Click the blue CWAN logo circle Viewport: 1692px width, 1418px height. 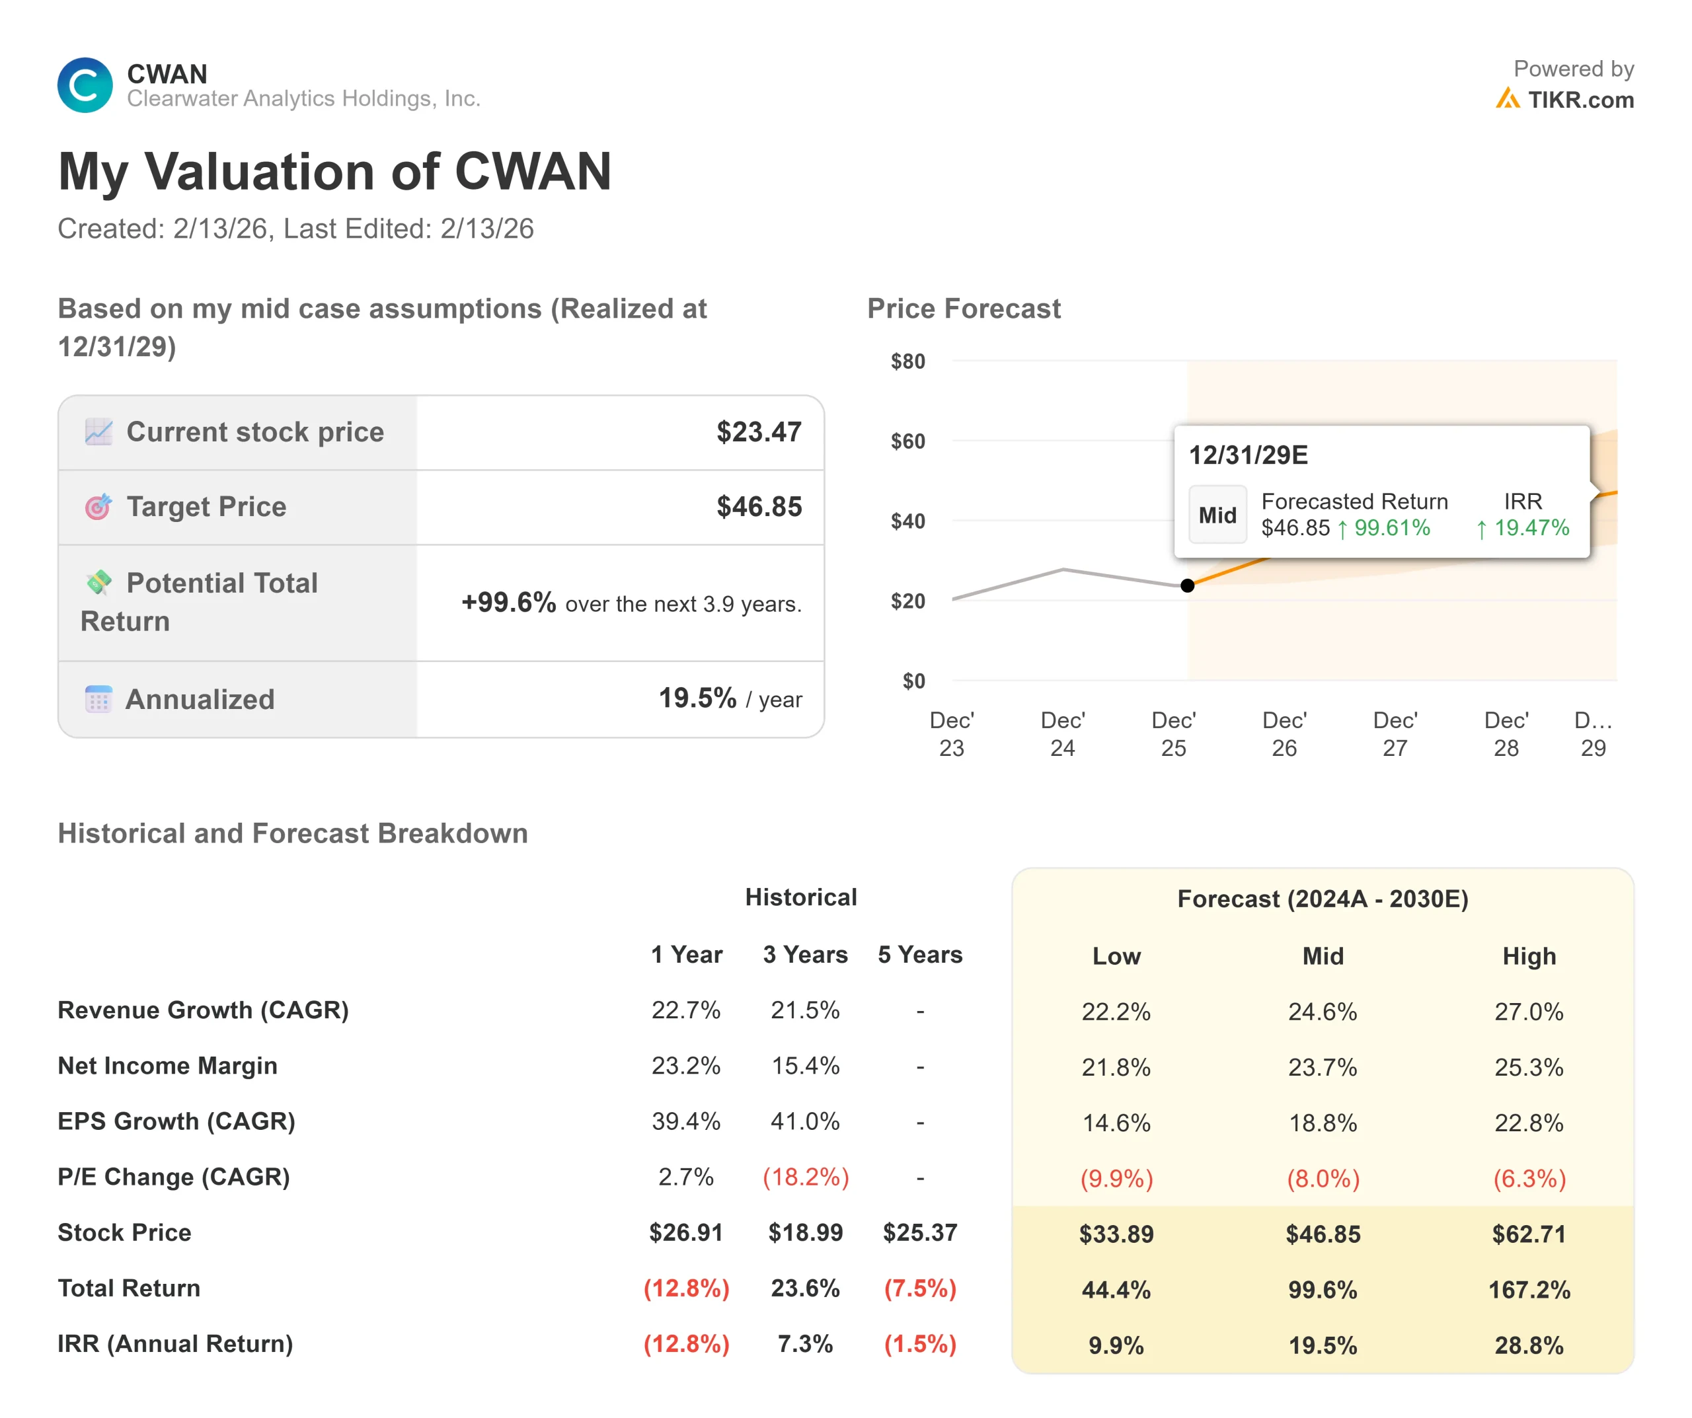click(85, 85)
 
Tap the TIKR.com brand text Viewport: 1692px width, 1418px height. click(1580, 100)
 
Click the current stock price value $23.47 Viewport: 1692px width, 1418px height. click(759, 432)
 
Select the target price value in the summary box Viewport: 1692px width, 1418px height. click(759, 507)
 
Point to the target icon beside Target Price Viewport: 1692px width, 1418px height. click(98, 507)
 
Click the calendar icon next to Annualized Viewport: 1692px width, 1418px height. click(98, 699)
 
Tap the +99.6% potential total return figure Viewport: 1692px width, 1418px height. click(508, 603)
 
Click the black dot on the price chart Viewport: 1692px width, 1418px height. click(1188, 585)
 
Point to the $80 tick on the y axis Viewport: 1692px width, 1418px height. click(908, 361)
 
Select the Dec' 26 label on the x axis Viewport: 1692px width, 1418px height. click(1284, 734)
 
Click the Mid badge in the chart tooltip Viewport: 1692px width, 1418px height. click(1217, 515)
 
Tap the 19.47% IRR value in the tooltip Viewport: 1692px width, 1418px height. click(1531, 528)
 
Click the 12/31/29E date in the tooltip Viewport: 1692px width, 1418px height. click(1248, 455)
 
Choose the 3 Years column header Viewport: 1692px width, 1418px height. click(805, 955)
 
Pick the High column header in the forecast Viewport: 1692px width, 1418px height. click(1529, 956)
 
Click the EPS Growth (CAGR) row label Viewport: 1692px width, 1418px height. click(176, 1121)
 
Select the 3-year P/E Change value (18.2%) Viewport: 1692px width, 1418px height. click(805, 1177)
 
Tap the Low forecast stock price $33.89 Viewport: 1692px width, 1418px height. click(1116, 1234)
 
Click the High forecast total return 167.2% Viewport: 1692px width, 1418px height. click(1529, 1290)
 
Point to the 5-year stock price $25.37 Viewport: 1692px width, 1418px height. click(919, 1233)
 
